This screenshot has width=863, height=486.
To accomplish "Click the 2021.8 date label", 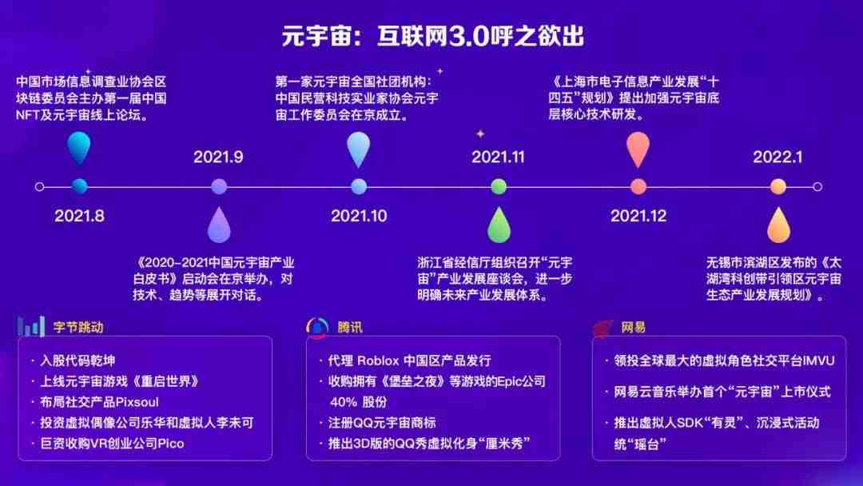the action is (x=79, y=215).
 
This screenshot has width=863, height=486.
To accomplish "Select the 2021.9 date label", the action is (x=218, y=157).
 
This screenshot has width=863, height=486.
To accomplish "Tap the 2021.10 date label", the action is (x=359, y=215).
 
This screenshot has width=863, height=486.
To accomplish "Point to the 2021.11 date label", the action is (x=498, y=157).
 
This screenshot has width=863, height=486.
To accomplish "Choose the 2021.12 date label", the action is (x=638, y=215).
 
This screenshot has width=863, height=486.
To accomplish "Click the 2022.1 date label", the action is (x=777, y=157).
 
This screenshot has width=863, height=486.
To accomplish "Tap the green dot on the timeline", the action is (x=499, y=186).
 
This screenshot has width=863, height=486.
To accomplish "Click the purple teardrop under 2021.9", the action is (x=219, y=225).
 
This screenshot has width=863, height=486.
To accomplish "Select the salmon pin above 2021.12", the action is (x=638, y=149).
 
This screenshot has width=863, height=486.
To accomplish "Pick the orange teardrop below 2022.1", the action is (x=779, y=225).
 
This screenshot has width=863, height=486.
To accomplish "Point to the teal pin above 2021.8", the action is (x=79, y=148).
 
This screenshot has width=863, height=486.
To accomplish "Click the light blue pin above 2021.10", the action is (x=359, y=149).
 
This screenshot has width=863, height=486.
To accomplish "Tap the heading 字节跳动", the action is (x=78, y=328).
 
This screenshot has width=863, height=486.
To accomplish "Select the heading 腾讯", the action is (x=350, y=328).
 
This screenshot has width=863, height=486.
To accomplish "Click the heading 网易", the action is (x=633, y=328).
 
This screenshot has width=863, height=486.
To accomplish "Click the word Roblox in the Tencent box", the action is (x=378, y=361).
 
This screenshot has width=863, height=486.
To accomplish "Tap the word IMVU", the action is (x=819, y=361).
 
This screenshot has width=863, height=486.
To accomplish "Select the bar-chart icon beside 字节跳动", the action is (x=31, y=326).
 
